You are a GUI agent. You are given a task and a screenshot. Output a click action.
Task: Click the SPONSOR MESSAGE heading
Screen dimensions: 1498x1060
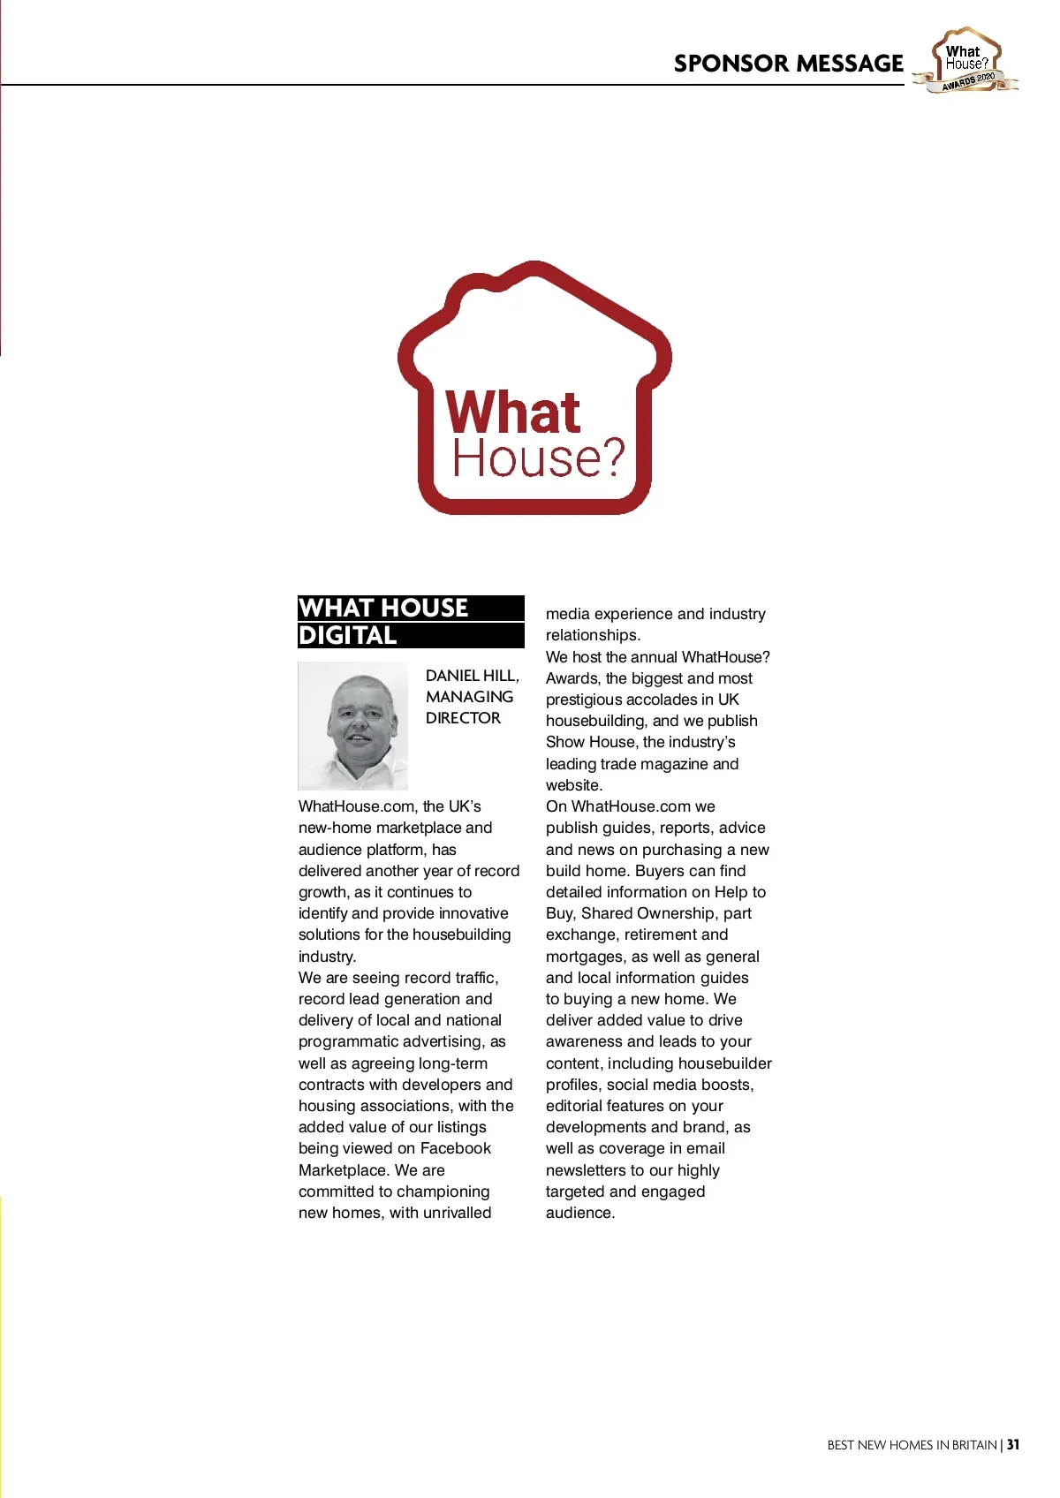[x=788, y=64]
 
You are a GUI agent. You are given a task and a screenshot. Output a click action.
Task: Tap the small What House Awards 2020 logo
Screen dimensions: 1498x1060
[x=967, y=60]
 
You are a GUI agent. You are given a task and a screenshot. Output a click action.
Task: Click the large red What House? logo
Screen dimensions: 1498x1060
[x=534, y=389]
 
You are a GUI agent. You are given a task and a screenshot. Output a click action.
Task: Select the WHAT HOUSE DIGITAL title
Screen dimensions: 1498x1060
[x=411, y=621]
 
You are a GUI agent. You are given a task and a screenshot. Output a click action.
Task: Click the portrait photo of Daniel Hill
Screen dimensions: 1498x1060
[x=353, y=726]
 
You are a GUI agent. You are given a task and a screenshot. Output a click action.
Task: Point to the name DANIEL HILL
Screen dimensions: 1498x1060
[x=472, y=676]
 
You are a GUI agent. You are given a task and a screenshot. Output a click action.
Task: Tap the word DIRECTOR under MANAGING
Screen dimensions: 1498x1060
[x=463, y=718]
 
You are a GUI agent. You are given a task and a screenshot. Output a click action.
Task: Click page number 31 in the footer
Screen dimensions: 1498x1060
[x=1013, y=1445]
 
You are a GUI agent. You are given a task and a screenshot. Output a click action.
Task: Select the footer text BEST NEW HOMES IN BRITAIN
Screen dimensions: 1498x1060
[x=912, y=1445]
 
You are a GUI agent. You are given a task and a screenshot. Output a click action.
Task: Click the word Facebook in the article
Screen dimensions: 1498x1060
[x=455, y=1148]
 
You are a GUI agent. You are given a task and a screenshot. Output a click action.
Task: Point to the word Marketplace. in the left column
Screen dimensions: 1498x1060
[x=344, y=1170]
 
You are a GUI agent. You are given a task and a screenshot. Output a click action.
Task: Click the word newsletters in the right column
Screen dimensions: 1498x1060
[x=586, y=1170]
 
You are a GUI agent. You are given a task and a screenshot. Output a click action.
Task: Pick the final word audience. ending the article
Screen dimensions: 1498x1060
[x=580, y=1213]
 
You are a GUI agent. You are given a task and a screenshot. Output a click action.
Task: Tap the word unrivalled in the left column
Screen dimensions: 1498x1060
[x=457, y=1213]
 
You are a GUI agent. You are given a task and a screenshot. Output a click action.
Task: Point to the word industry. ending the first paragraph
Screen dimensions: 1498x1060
[x=327, y=957]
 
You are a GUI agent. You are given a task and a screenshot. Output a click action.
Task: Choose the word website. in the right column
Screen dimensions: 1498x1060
[x=574, y=785]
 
